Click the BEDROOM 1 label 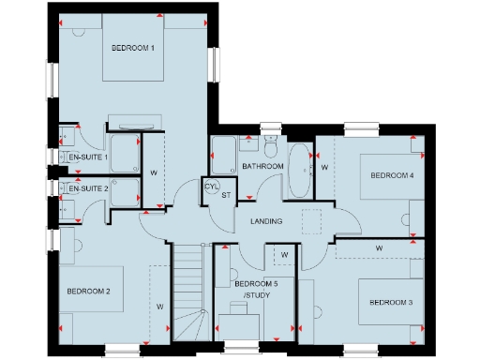(132, 48)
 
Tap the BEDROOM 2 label (89, 292)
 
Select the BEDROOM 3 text (390, 302)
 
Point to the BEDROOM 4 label (392, 175)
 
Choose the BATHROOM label (262, 166)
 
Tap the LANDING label (267, 221)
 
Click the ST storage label (226, 195)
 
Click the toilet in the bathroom (271, 147)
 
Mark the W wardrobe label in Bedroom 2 (160, 307)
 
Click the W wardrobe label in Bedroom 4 (324, 167)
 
